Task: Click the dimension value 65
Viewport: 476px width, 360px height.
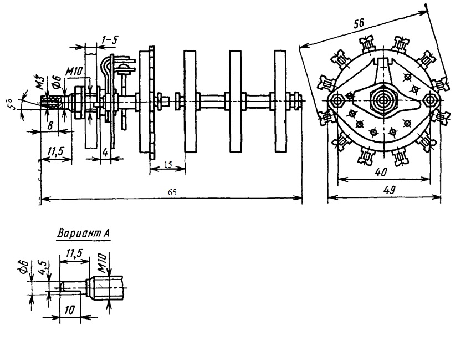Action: tap(172, 192)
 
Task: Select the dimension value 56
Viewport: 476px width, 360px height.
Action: tap(359, 24)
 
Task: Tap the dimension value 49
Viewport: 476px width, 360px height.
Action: tap(389, 190)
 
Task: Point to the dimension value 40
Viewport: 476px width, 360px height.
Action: tap(381, 173)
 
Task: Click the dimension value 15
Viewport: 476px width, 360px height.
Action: tap(168, 165)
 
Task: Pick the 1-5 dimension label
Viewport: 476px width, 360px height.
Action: tap(110, 39)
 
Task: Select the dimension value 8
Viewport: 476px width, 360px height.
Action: tap(50, 125)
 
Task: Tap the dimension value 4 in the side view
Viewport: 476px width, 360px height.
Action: tap(105, 152)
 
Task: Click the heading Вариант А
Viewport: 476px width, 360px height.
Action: tap(84, 234)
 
